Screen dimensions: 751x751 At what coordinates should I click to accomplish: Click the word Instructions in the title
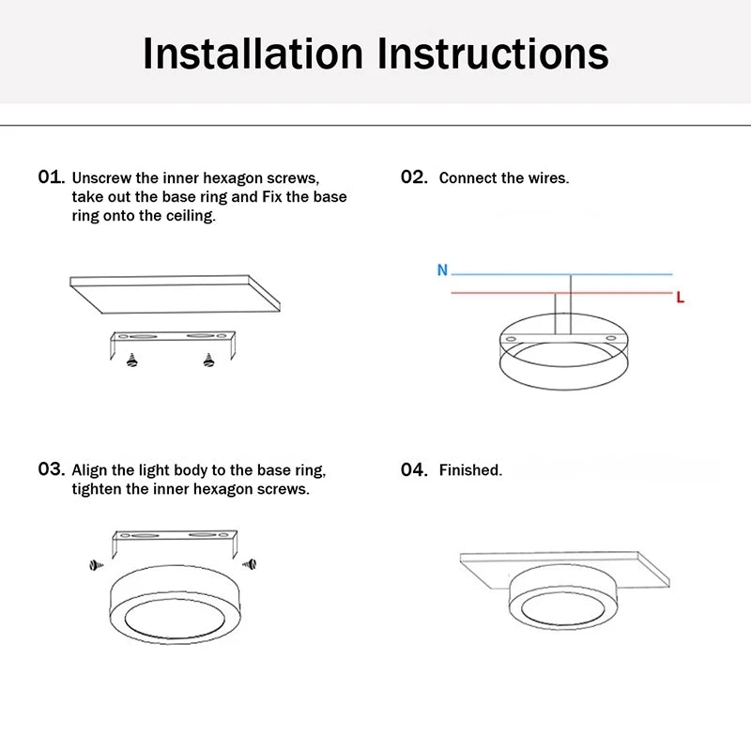pyautogui.click(x=494, y=54)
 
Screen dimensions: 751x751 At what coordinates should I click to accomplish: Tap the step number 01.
pyautogui.click(x=51, y=177)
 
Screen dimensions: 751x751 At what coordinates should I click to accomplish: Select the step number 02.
pyautogui.click(x=414, y=177)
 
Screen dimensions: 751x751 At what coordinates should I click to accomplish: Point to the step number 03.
pyautogui.click(x=51, y=469)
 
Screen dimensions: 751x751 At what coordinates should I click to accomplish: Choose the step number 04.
pyautogui.click(x=414, y=469)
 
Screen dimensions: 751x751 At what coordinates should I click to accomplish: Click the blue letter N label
pyautogui.click(x=442, y=270)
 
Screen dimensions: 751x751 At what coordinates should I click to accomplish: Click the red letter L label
pyautogui.click(x=681, y=299)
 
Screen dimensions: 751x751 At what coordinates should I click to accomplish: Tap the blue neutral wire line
pyautogui.click(x=620, y=274)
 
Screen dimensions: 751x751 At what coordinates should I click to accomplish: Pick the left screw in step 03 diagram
pyautogui.click(x=95, y=564)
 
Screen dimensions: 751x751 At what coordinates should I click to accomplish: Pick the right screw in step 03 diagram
pyautogui.click(x=249, y=564)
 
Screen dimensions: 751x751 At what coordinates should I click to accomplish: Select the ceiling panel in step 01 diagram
pyautogui.click(x=176, y=296)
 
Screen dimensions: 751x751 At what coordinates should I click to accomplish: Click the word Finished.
pyautogui.click(x=470, y=470)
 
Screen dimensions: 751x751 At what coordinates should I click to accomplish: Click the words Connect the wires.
pyautogui.click(x=503, y=178)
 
